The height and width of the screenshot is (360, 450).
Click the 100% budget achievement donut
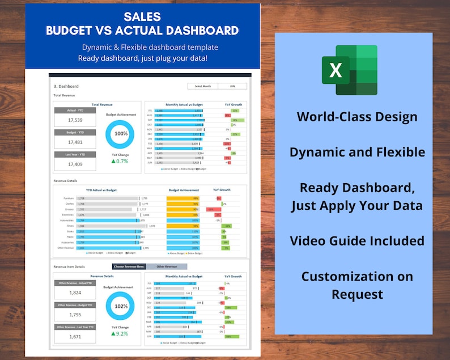[121, 134]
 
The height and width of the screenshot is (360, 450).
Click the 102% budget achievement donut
[121, 306]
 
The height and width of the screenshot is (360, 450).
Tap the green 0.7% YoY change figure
[121, 162]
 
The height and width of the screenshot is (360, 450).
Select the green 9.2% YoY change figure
[121, 334]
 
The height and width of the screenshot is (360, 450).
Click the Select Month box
[202, 86]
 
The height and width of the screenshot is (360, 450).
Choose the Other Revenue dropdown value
[167, 266]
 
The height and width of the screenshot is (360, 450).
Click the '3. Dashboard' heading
[66, 87]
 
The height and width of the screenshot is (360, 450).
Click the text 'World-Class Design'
[356, 117]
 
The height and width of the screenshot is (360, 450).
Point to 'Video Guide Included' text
[356, 240]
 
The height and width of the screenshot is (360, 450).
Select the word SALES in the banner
[142, 17]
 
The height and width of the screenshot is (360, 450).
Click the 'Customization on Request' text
[356, 285]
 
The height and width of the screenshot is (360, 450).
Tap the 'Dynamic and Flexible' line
[356, 152]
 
